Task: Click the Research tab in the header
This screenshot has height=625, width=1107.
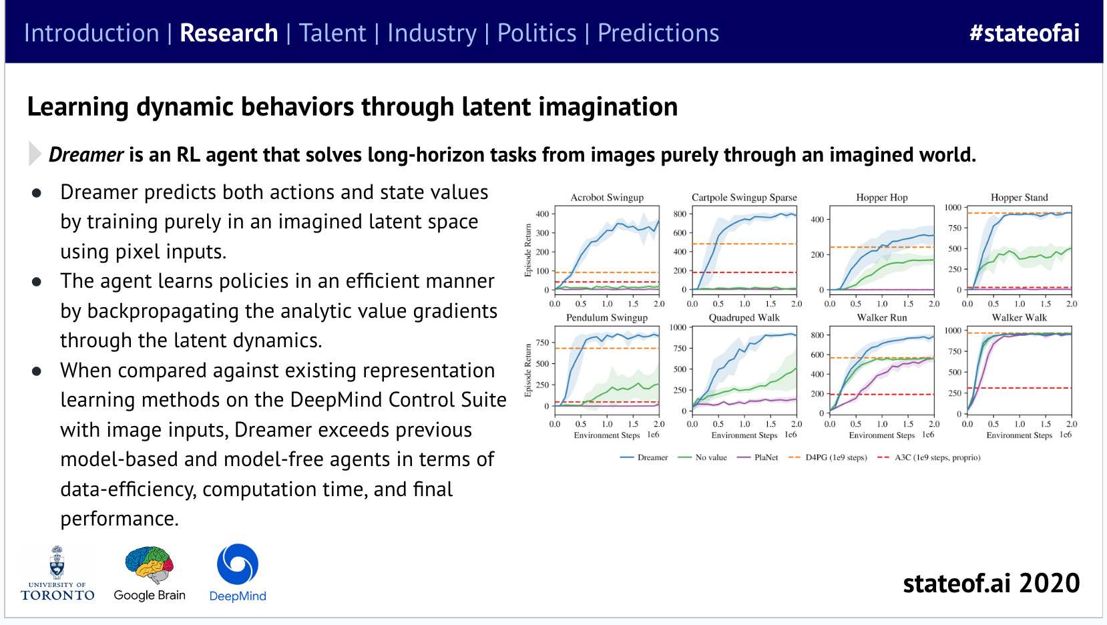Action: coord(228,33)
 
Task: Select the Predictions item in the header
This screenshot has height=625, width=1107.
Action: coord(658,33)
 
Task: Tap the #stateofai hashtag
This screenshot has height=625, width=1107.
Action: coord(1024,33)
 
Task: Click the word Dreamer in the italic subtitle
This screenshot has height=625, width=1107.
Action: coord(86,155)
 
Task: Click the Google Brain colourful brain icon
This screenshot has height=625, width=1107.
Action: coord(150,565)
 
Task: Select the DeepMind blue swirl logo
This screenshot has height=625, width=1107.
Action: coord(238,564)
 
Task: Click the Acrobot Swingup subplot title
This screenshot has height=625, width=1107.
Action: coord(607,198)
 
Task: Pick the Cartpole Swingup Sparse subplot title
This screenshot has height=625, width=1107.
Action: coord(744,198)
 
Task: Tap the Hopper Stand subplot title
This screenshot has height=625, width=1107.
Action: coord(1019,198)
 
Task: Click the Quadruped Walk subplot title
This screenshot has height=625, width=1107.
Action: coord(744,318)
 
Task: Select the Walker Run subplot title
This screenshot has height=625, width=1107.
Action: coord(881,318)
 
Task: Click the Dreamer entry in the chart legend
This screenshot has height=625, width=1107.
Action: coord(652,457)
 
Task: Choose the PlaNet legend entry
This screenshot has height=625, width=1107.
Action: coord(766,457)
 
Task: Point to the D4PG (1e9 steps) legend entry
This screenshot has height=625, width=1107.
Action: coord(835,457)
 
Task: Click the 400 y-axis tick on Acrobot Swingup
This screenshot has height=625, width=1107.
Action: coord(542,214)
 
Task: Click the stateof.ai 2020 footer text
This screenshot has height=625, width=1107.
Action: coord(991,584)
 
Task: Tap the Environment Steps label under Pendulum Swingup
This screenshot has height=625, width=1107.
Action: coord(606,435)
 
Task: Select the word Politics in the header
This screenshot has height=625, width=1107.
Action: coord(537,33)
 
